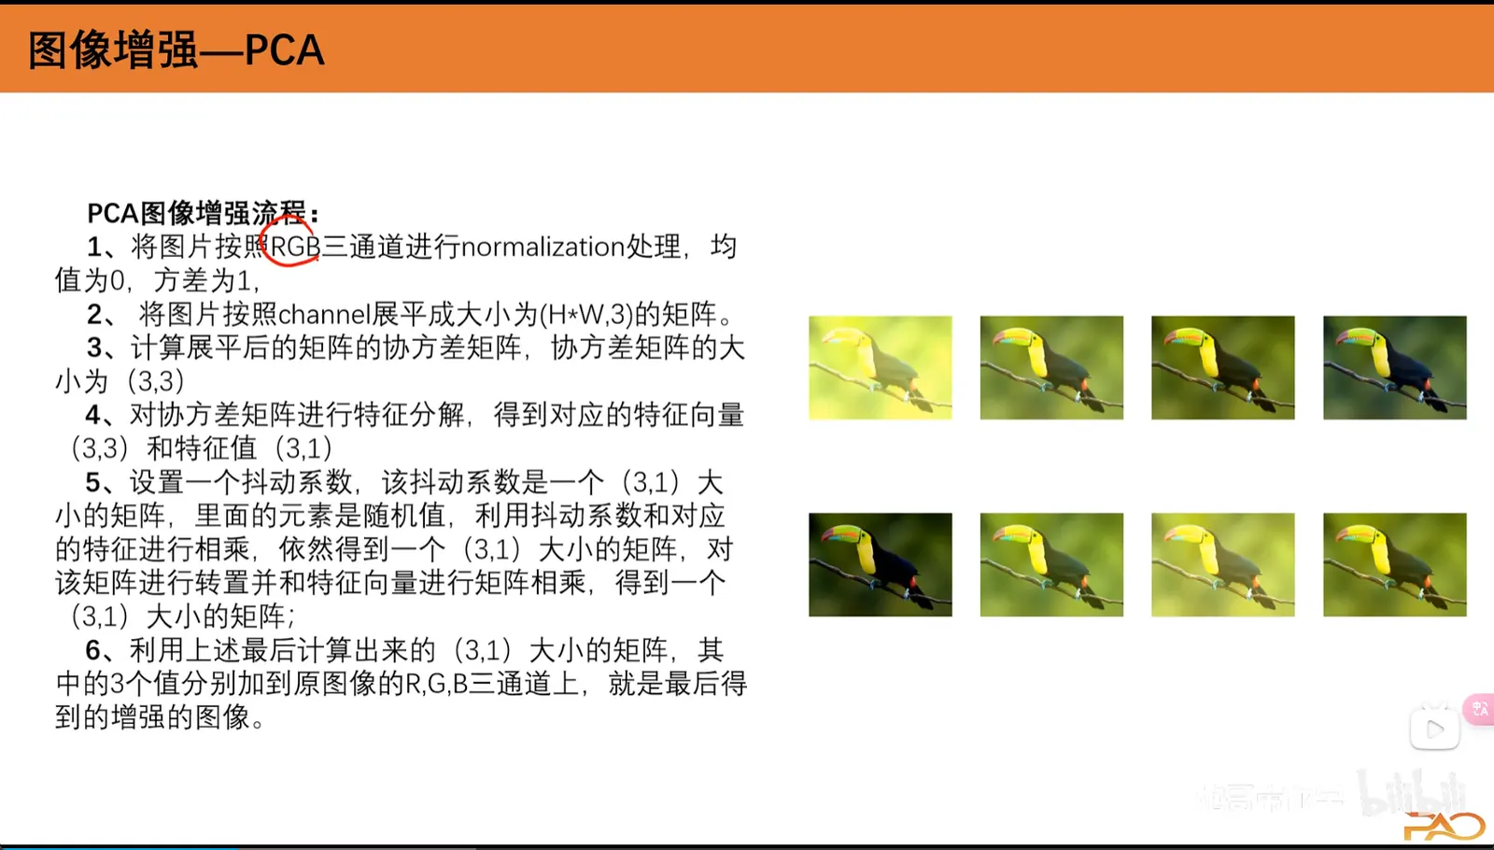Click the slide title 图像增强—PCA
point(176,50)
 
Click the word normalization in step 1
point(543,247)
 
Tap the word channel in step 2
point(324,314)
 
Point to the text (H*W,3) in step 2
point(585,314)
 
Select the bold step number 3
point(94,347)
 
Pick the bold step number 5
point(93,482)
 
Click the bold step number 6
point(93,650)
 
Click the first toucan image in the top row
point(881,368)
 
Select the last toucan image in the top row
point(1395,368)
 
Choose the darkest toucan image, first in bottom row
point(881,564)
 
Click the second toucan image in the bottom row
point(1051,564)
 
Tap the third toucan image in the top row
point(1223,368)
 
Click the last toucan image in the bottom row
point(1395,564)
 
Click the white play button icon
point(1434,729)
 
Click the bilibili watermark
point(1413,793)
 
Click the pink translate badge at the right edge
point(1480,709)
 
